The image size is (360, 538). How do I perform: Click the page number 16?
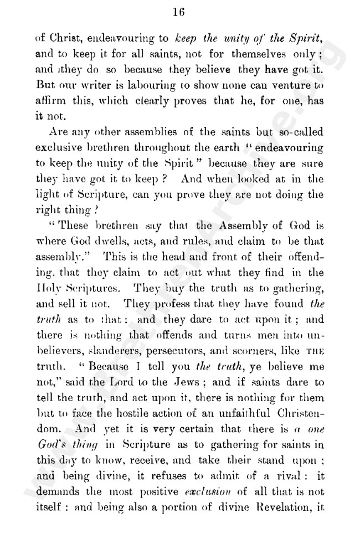click(x=178, y=11)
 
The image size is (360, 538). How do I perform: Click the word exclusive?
click(x=55, y=148)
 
